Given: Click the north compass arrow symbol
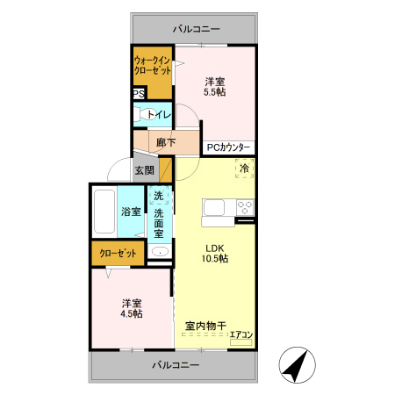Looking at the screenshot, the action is pos(297,365).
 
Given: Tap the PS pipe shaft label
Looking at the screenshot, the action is pos(139,94).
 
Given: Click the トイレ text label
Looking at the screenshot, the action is pos(159,114).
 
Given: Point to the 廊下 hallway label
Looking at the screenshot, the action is pos(166,142).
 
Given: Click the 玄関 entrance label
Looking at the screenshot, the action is pos(145,170).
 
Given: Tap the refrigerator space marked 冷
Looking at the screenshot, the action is pos(245,169).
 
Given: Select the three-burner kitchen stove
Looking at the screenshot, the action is pos(245,207).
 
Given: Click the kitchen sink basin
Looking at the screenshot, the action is pos(214,208).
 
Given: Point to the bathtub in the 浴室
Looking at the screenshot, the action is pos(104,212).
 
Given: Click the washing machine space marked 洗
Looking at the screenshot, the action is pos(159,195).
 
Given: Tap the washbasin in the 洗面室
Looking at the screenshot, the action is pos(160,252).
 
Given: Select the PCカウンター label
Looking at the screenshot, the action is pos(228,147).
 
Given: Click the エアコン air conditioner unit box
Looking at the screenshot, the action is pos(241,342).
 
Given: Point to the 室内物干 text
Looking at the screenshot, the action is pos(205,326).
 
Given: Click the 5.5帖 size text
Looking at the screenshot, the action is pos(215,92).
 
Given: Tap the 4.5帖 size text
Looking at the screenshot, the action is pos(132,313).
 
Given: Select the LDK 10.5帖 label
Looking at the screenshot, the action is pos(215,254).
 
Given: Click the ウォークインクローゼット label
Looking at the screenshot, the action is pos(153,66).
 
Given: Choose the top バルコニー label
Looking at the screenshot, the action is pos(196,29).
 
